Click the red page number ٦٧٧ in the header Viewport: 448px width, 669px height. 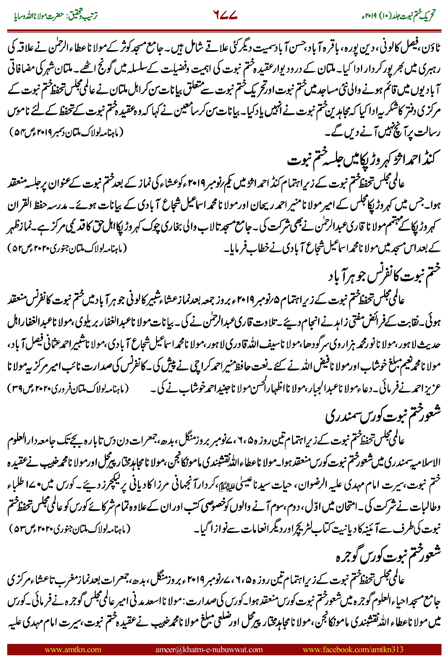(x=225, y=15)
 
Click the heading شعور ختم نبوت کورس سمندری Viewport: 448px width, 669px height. (x=383, y=416)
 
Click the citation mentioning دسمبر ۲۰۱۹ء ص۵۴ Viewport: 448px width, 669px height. (x=66, y=132)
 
